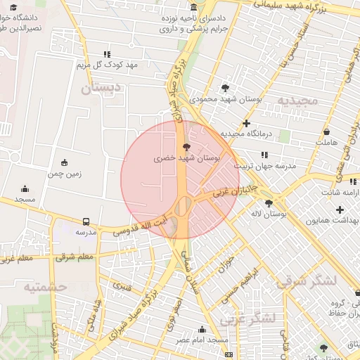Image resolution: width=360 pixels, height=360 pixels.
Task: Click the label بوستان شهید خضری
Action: [x=186, y=160]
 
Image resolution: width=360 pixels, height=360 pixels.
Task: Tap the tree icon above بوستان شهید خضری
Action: [x=186, y=147]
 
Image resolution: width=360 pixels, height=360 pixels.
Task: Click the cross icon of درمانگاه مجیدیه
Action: [x=246, y=123]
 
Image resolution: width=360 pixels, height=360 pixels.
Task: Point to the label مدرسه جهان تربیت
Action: [x=265, y=166]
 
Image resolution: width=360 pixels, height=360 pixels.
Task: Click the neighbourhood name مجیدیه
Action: [x=297, y=101]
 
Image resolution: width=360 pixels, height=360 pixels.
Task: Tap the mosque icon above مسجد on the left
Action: [x=25, y=188]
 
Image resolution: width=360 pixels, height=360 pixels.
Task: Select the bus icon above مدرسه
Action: [x=86, y=221]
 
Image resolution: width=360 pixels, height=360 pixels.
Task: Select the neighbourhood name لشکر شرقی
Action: [x=306, y=281]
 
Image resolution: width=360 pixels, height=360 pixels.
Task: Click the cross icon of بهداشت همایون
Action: [x=340, y=210]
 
